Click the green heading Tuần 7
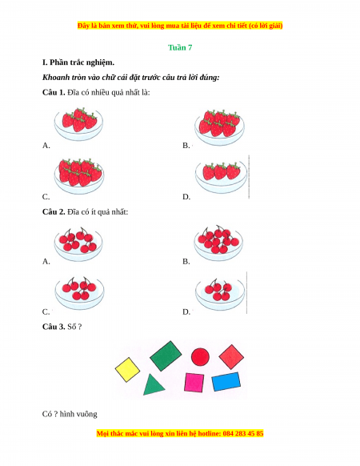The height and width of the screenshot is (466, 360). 180,47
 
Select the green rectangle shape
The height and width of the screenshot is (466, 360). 166,356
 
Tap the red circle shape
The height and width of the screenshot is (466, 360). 200,356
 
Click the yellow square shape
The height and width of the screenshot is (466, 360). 127,369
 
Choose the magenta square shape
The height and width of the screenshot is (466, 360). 194,383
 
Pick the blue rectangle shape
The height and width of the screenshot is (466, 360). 226,381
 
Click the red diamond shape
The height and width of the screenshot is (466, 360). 231,356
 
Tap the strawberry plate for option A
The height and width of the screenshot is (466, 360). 78,124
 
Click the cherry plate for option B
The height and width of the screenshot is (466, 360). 218,243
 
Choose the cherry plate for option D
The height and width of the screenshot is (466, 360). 220,293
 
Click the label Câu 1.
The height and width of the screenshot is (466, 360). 54,92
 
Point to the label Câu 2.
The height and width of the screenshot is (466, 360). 54,212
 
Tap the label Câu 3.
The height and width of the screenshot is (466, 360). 54,327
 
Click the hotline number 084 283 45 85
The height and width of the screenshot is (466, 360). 243,433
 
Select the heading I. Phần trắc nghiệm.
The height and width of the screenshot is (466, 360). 78,62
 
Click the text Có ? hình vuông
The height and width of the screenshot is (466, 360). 70,414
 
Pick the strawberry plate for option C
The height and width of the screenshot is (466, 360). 79,176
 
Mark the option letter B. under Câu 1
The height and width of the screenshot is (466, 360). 186,146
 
